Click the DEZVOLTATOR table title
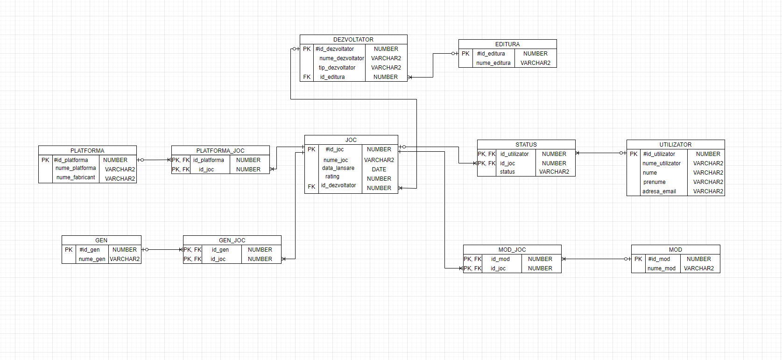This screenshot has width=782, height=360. (x=353, y=40)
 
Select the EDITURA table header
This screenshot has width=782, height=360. (x=507, y=44)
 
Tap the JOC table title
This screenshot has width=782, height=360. (x=351, y=140)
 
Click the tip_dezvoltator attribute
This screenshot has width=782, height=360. (x=337, y=68)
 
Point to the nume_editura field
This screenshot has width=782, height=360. (x=493, y=63)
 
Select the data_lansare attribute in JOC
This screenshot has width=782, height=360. (x=338, y=168)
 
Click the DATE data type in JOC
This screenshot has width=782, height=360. (x=379, y=169)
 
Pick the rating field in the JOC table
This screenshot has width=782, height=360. (x=332, y=176)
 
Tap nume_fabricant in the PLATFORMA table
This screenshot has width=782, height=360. (x=76, y=177)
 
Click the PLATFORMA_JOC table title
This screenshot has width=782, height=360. (x=220, y=151)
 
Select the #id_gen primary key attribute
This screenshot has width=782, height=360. (x=89, y=250)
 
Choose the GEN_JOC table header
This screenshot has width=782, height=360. (x=232, y=240)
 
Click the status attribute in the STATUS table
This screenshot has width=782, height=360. (x=507, y=172)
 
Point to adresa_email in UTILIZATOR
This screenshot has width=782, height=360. (x=659, y=191)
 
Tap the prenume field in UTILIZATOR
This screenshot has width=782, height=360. (x=654, y=182)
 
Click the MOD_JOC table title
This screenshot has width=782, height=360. (x=512, y=250)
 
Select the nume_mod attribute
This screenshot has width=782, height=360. (x=661, y=268)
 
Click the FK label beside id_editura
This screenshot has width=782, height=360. (x=307, y=77)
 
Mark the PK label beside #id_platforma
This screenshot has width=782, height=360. (x=45, y=160)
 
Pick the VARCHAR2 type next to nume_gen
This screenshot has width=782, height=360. (x=125, y=259)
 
